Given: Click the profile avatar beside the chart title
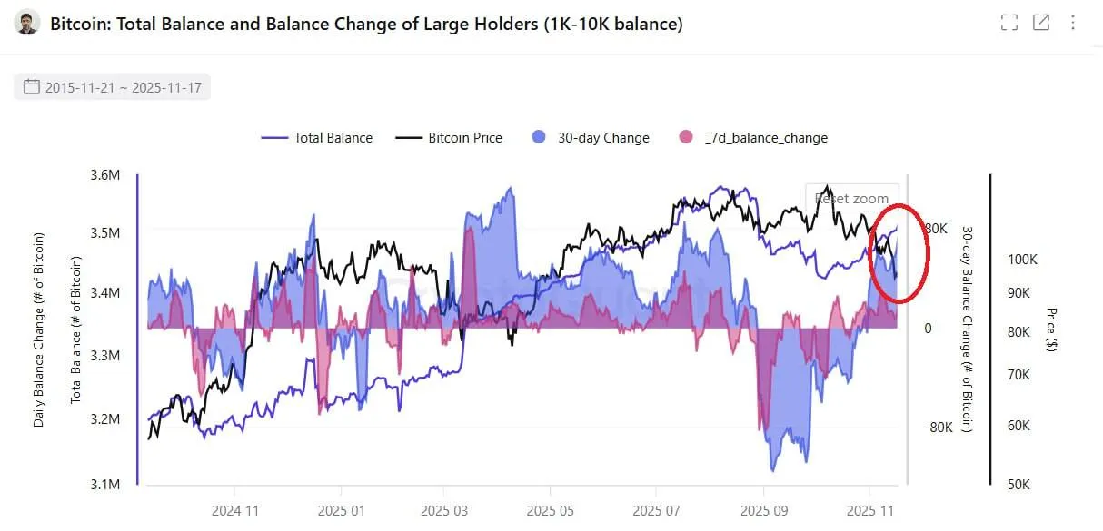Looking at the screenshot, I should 28,24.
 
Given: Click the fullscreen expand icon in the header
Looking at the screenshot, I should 1009,23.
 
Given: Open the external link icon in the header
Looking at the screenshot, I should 1041,23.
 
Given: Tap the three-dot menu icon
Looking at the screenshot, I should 1073,23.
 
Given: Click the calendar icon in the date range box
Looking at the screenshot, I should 32,87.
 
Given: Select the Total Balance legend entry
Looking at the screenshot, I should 317,138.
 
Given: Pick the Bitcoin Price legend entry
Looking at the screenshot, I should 450,138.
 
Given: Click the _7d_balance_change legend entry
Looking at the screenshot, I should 753,138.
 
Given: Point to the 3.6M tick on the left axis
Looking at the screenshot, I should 105,174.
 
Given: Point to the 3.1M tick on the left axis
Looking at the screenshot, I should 105,484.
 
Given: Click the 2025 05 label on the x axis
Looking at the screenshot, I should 553,510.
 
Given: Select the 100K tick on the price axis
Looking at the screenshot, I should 1022,260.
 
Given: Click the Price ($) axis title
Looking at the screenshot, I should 1051,329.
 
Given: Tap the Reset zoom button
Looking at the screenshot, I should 851,198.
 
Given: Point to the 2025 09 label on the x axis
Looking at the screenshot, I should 764,510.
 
